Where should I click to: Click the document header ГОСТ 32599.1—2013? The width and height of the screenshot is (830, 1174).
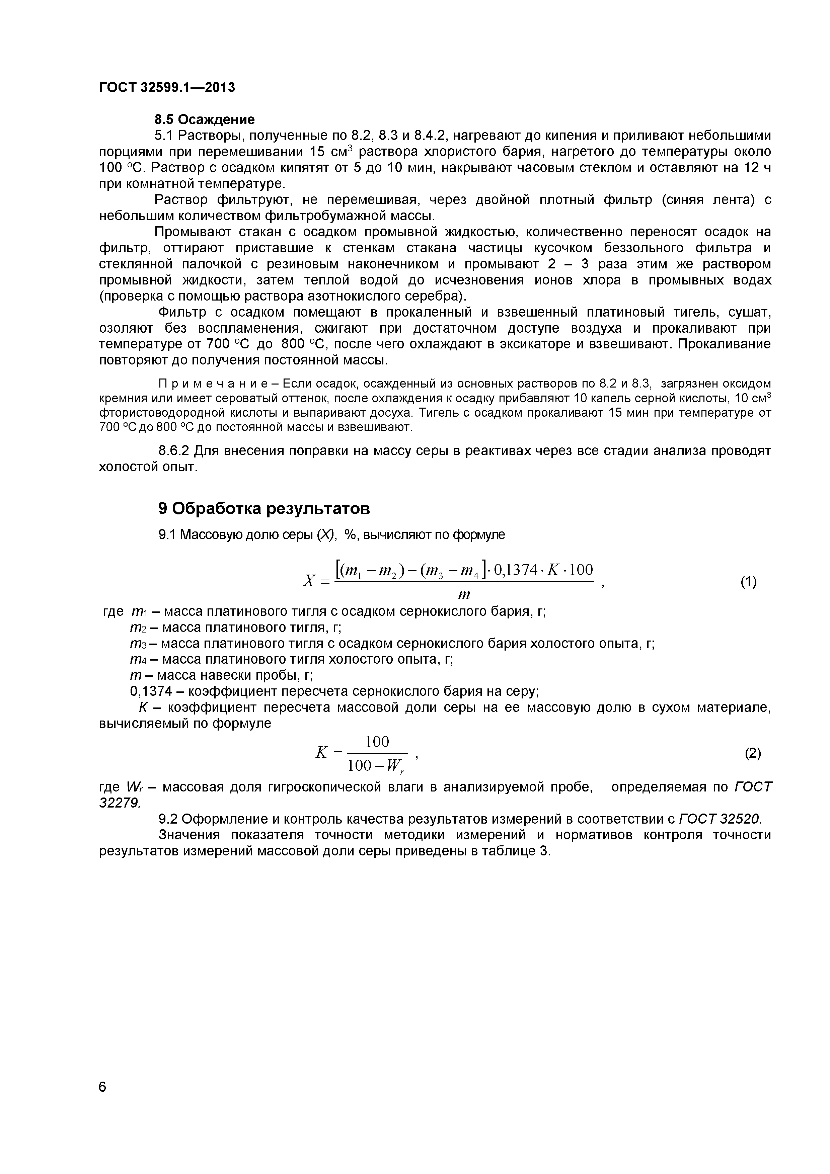tap(167, 87)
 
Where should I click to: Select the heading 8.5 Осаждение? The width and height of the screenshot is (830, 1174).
tap(205, 120)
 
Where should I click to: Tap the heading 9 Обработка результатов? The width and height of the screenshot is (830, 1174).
tap(263, 509)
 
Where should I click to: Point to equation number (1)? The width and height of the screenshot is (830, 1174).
tap(748, 582)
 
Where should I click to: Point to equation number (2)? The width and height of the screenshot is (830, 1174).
tap(752, 753)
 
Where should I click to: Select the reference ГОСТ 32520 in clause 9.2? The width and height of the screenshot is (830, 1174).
tap(720, 819)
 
